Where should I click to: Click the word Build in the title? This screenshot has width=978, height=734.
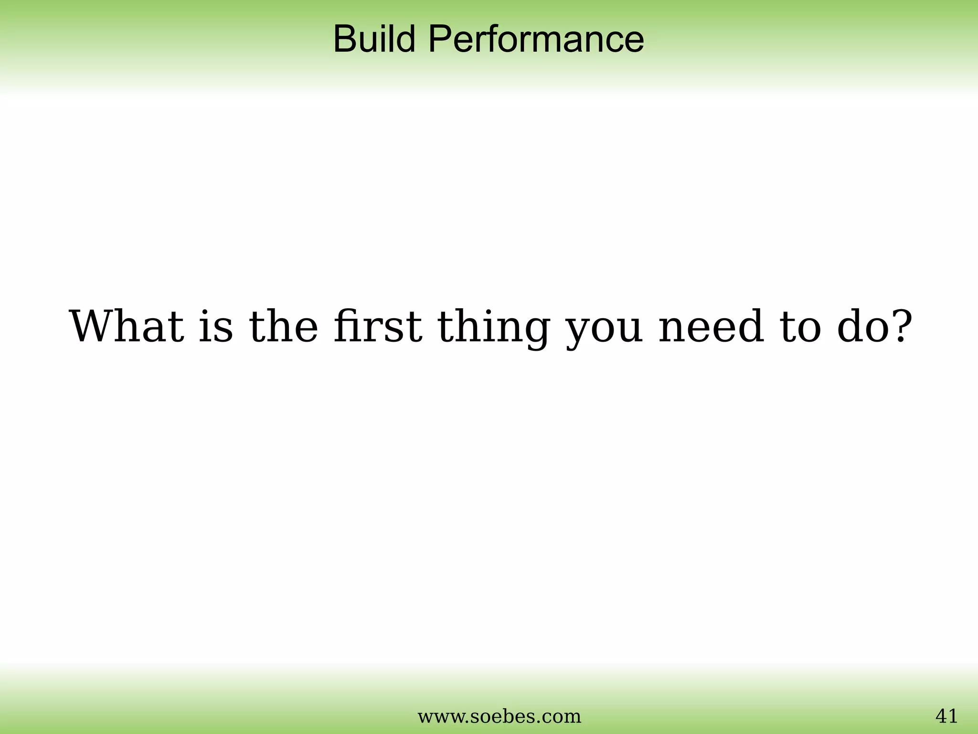[x=374, y=39]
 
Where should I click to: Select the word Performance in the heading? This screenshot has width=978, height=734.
[x=536, y=39]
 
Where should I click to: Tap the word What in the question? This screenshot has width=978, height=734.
[x=127, y=327]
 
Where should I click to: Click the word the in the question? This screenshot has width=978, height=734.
[x=283, y=327]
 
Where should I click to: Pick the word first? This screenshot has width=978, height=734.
[x=378, y=327]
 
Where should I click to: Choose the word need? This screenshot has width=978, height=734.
[x=711, y=327]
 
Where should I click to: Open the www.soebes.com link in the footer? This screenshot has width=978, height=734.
[x=499, y=716]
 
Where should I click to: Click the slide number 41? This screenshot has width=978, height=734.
[x=946, y=716]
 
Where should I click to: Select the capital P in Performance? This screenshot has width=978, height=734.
[x=439, y=39]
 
